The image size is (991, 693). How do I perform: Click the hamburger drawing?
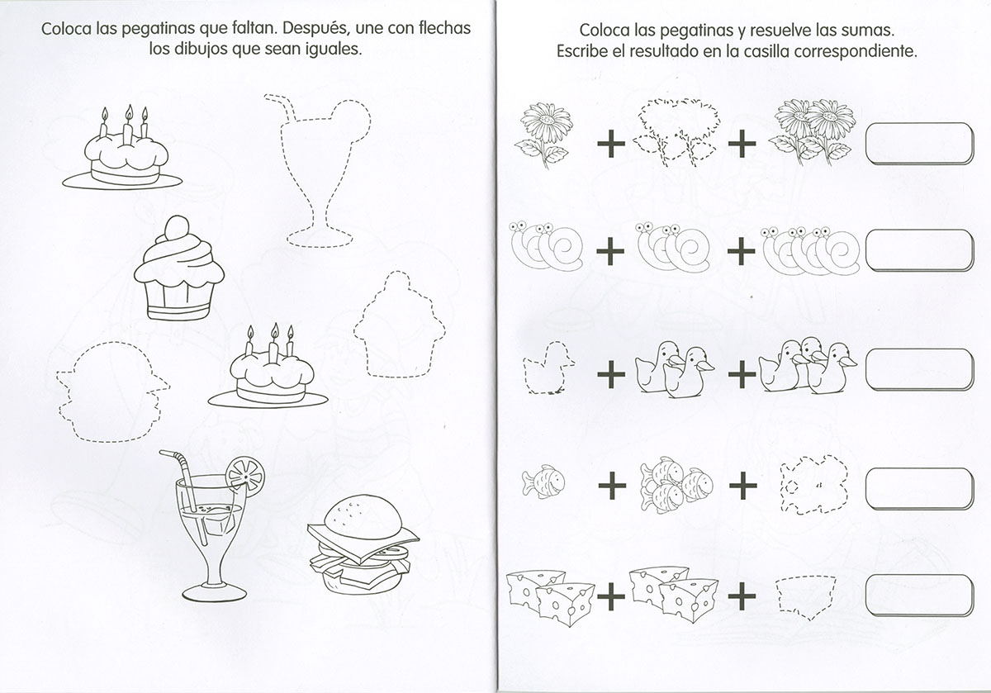pyautogui.click(x=363, y=545)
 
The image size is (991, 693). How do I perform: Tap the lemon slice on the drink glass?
pyautogui.click(x=245, y=475)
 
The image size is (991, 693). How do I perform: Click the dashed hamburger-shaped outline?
pyautogui.click(x=112, y=392)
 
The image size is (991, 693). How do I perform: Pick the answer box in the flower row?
pyautogui.click(x=919, y=144)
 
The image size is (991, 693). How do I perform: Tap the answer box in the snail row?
pyautogui.click(x=919, y=250)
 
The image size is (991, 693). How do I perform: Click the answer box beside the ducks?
pyautogui.click(x=919, y=369)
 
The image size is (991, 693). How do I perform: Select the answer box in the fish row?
pyautogui.click(x=919, y=488)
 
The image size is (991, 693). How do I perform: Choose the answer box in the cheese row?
pyautogui.click(x=919, y=596)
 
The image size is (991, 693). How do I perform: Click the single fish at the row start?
pyautogui.click(x=543, y=482)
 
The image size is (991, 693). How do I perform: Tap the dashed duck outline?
pyautogui.click(x=548, y=368)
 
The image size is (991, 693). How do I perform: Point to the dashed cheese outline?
pyautogui.click(x=806, y=597)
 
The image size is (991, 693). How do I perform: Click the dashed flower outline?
pyautogui.click(x=677, y=133)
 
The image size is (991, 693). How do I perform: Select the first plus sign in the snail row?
pyautogui.click(x=610, y=251)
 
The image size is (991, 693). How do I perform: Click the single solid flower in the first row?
pyautogui.click(x=543, y=135)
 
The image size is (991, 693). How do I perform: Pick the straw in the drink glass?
pyautogui.click(x=183, y=496)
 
